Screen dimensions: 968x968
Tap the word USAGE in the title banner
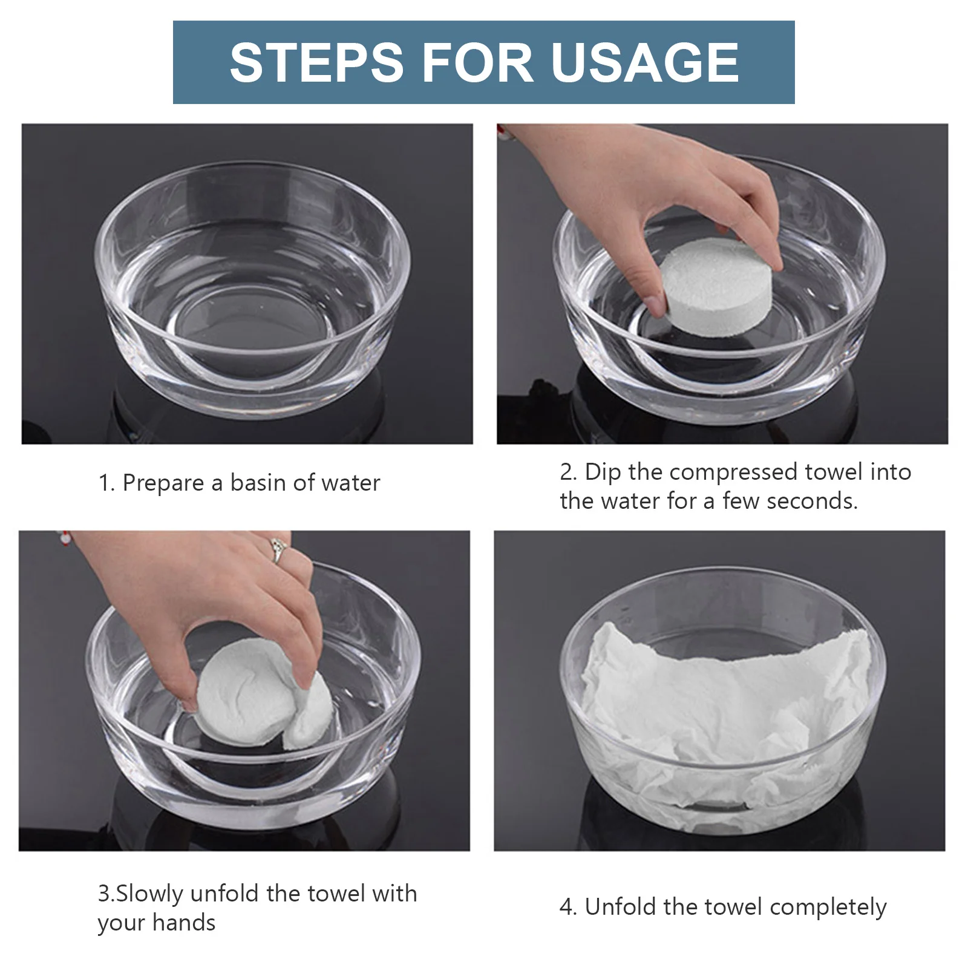pyautogui.click(x=646, y=62)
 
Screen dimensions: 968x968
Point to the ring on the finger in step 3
pyautogui.click(x=278, y=550)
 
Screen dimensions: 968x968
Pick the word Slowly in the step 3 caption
pyautogui.click(x=149, y=894)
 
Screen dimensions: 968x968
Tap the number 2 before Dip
pyautogui.click(x=568, y=473)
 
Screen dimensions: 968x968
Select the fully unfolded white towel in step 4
pyautogui.click(x=723, y=714)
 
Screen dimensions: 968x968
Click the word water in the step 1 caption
pyautogui.click(x=351, y=483)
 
